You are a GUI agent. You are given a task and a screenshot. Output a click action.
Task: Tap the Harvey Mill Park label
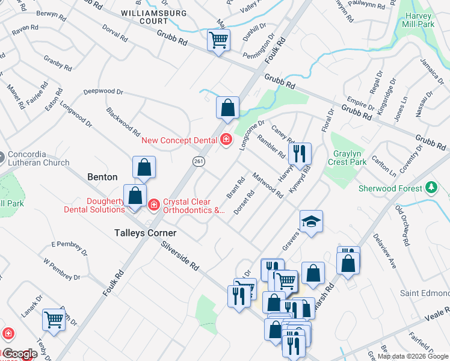click(417, 20)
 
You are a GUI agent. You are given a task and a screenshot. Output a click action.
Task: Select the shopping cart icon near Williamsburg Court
click(218, 41)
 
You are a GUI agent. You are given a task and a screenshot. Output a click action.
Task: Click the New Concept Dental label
click(179, 141)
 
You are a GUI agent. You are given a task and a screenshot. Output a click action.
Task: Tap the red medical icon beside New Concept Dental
click(226, 140)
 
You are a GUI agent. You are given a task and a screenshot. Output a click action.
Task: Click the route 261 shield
click(199, 161)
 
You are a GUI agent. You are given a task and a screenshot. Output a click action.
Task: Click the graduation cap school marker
click(311, 222)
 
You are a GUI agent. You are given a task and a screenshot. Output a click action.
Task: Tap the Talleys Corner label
click(146, 233)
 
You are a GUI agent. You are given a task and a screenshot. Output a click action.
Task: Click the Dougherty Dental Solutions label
click(93, 205)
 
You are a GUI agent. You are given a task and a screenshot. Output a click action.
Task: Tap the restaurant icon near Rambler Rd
click(300, 154)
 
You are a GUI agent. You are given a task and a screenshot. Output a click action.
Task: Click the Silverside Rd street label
click(181, 256)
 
